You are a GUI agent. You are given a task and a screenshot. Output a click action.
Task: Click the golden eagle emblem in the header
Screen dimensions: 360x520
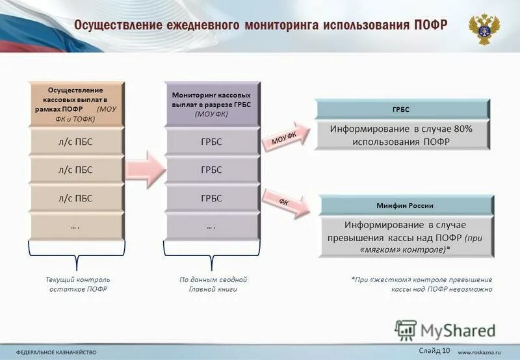coord(484,29)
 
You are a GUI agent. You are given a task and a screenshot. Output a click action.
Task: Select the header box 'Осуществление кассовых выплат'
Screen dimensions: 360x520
coord(75,104)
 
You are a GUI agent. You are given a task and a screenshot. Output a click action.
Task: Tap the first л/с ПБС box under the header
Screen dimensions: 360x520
coord(75,142)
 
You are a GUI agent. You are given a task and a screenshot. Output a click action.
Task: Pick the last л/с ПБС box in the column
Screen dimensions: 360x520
coord(75,198)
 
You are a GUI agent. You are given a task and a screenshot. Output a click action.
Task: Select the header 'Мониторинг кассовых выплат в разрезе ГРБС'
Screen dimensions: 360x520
coord(211,104)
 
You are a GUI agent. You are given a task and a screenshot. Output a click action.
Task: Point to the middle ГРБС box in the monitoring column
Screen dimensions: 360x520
coord(211,170)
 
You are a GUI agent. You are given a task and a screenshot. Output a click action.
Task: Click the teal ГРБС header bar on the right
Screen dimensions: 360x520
coord(401,109)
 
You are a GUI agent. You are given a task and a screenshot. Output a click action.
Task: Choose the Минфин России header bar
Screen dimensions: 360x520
coord(404,205)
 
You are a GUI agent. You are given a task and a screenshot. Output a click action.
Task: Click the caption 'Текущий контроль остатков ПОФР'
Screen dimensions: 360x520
coord(77,284)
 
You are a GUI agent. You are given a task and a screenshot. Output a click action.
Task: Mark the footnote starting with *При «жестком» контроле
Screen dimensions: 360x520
coord(422,284)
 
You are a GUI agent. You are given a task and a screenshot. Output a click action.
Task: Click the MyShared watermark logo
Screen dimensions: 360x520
coord(445,330)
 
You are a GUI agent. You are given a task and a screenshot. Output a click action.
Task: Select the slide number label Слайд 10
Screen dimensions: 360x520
coord(434,351)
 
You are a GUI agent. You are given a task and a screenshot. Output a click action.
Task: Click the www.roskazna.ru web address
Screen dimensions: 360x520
coord(482,352)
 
